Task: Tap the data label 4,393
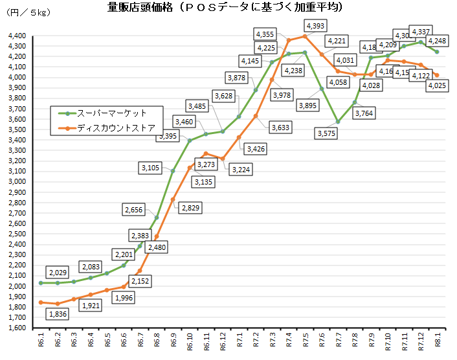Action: tap(315, 26)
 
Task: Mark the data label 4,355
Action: tap(265, 34)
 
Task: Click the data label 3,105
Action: tap(153, 168)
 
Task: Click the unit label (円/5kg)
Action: tap(28, 12)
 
